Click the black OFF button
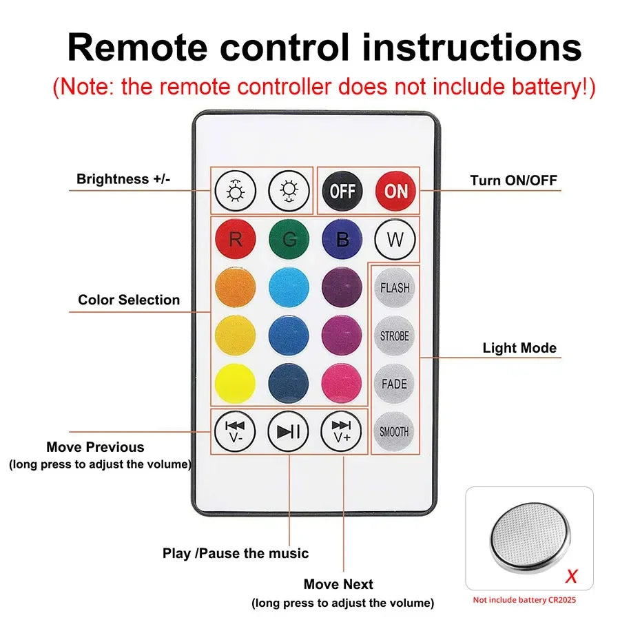click(342, 191)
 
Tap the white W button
click(395, 240)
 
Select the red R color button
click(235, 240)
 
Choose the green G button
click(289, 240)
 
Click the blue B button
click(342, 240)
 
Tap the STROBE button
click(395, 336)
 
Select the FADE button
click(395, 384)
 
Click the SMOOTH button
click(395, 432)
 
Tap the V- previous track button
click(235, 431)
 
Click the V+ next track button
click(342, 431)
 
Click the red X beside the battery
click(571, 575)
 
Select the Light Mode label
click(519, 348)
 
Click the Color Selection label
click(129, 300)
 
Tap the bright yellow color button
click(235, 384)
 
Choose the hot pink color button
click(342, 384)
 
